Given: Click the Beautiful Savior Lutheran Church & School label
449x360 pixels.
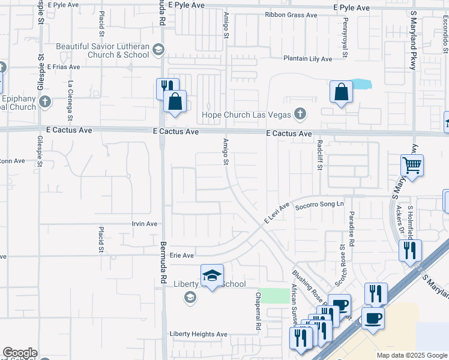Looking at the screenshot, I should [x=102, y=50].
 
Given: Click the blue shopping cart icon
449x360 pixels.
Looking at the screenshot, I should [x=412, y=164].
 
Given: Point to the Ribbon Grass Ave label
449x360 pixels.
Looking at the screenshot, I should [x=291, y=15].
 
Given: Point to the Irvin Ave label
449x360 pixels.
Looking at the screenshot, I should [x=144, y=224].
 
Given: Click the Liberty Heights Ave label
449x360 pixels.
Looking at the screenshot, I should [x=199, y=334].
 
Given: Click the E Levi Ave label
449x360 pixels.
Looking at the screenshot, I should [x=277, y=213].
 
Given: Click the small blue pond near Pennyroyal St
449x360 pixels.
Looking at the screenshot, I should [x=362, y=84].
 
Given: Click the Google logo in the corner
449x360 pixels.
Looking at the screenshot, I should [x=20, y=353].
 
